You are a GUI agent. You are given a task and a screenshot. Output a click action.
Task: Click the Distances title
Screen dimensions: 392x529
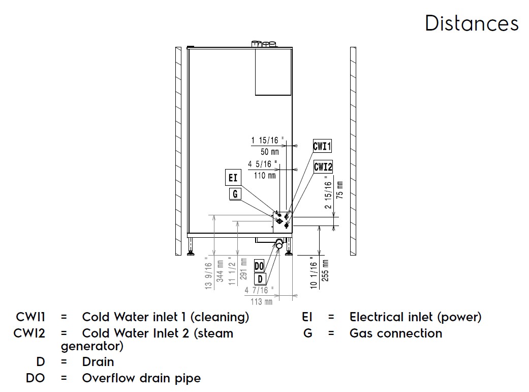(472, 23)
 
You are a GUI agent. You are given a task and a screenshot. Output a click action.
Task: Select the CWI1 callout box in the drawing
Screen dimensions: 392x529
(322, 147)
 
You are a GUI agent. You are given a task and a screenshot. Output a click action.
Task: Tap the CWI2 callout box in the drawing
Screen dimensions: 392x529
(323, 166)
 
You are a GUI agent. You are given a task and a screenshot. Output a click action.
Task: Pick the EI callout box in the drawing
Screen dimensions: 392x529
(233, 178)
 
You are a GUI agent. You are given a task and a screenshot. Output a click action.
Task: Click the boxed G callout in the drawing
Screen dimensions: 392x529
(234, 194)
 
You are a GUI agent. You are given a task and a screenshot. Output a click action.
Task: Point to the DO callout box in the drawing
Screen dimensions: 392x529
(259, 266)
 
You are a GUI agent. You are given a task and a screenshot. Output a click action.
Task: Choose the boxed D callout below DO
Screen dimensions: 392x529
(260, 278)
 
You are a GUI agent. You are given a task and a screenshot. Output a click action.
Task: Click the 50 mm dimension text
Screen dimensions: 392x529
(269, 152)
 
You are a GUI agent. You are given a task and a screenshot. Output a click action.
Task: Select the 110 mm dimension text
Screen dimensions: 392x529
(265, 176)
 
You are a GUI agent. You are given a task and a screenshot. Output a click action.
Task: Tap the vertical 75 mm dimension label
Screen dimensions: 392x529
(339, 190)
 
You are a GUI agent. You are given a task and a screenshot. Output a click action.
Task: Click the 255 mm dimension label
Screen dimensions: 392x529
(325, 271)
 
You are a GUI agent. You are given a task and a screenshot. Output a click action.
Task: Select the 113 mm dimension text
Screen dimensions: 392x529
(262, 301)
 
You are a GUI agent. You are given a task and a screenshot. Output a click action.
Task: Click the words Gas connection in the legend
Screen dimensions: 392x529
(395, 333)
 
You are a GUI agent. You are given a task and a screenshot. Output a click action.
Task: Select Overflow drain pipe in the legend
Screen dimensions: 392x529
(141, 378)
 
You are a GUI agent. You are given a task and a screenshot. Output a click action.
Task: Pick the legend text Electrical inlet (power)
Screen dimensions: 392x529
(415, 317)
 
